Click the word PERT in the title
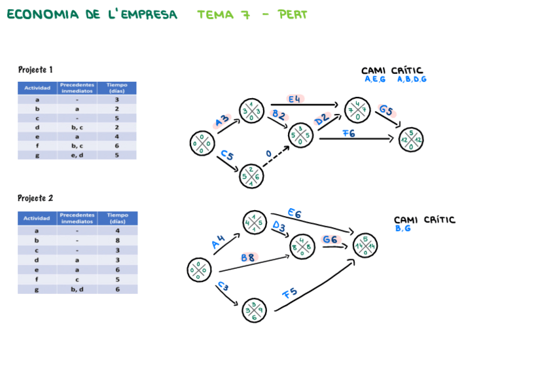click(x=292, y=14)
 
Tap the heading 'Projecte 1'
click(x=35, y=69)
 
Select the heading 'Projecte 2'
click(x=35, y=198)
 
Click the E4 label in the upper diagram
click(x=295, y=99)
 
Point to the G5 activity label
click(x=386, y=110)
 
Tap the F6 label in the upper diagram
click(x=348, y=133)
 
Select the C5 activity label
click(x=226, y=155)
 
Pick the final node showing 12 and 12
click(x=411, y=140)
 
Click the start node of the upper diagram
click(x=202, y=143)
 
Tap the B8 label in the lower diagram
click(x=248, y=258)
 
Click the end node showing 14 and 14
click(x=365, y=245)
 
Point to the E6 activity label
click(x=295, y=213)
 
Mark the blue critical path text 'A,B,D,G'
click(x=412, y=79)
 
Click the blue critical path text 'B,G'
click(x=403, y=228)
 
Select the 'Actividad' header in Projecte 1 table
click(x=37, y=88)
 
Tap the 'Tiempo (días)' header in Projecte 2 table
click(x=118, y=218)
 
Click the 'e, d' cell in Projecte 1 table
click(x=77, y=155)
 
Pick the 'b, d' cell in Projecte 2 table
click(x=77, y=289)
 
